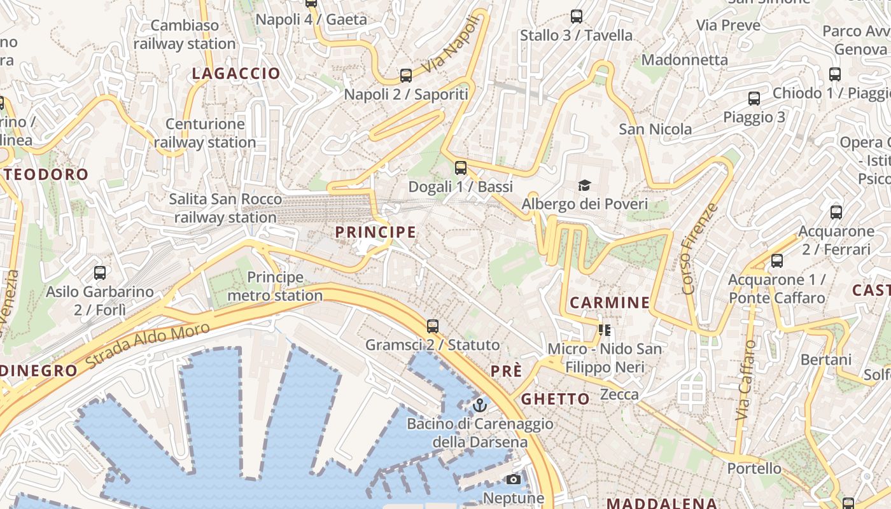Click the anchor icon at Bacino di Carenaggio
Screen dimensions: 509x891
480,405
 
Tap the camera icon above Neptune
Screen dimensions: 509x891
514,479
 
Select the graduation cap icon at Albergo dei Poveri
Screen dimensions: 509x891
584,185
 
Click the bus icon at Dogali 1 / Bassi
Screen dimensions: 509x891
460,168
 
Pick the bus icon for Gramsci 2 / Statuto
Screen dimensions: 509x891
433,326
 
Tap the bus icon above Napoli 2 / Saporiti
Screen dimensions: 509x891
406,76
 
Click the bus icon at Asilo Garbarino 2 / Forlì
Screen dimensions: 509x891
100,273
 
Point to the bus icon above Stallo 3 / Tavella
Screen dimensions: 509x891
577,17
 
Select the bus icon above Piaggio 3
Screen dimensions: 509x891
754,99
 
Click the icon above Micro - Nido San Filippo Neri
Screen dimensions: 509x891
605,330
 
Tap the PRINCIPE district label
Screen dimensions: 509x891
375,233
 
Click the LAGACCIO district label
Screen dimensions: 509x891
236,74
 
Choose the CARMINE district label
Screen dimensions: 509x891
610,303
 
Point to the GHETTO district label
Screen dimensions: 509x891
556,400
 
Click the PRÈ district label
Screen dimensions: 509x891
506,372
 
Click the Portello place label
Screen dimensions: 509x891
754,469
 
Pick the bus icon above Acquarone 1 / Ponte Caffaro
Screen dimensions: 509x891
776,261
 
